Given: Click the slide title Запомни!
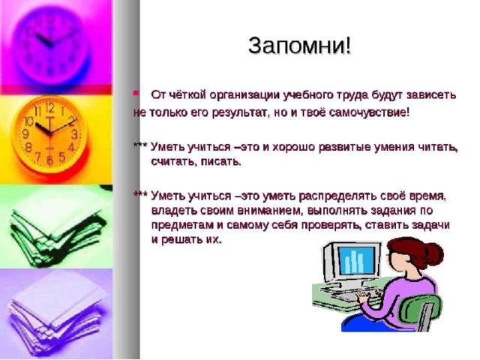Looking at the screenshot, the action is pos(300,46).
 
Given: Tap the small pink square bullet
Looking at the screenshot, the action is pos(136,92).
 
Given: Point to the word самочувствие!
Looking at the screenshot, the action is pos(369,113).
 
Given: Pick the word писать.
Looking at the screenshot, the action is pos(220,162).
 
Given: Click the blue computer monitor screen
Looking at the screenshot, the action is pos(357,260).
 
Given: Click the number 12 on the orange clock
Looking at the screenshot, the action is pos(49,107).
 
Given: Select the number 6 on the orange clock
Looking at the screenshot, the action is pos(50,160).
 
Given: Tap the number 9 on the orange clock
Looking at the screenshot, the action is pos(26,133).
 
